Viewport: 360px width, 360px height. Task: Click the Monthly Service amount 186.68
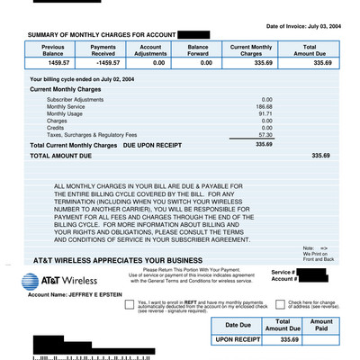[265, 106]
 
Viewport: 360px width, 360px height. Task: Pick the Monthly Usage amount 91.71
[265, 113]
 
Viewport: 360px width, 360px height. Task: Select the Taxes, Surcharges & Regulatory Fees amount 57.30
[265, 133]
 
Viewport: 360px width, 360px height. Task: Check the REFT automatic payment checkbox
[130, 305]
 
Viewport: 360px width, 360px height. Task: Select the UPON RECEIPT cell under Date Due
[238, 339]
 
